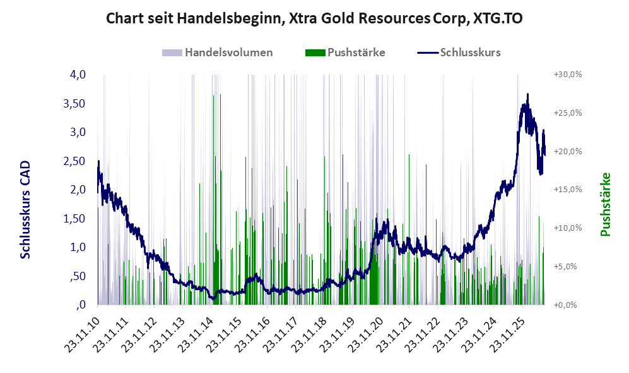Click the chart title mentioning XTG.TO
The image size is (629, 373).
[314, 18]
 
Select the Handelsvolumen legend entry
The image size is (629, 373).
[218, 52]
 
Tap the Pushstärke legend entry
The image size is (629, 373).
[345, 52]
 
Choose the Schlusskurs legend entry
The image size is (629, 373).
[459, 52]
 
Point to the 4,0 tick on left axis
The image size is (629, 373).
[78, 75]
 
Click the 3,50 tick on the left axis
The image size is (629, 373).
[74, 103]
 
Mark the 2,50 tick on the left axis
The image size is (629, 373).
[74, 161]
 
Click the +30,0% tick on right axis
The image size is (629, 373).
[568, 75]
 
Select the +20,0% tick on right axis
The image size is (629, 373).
[568, 152]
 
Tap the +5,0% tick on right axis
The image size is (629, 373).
[566, 267]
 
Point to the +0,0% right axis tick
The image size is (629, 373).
[566, 305]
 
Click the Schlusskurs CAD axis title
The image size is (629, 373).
[25, 210]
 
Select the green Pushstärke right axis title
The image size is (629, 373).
[605, 204]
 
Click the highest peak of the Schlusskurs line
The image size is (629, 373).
[527, 94]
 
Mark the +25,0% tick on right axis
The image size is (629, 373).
[568, 113]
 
